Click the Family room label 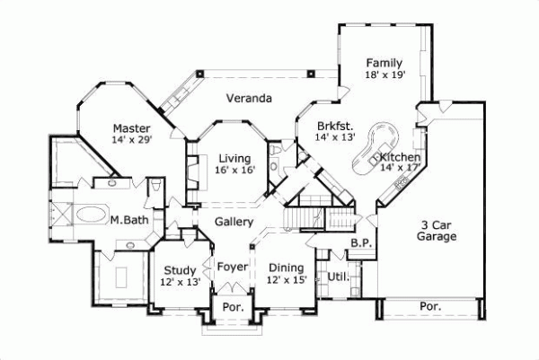point(384,63)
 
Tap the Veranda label point(249,98)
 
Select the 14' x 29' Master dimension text point(133,141)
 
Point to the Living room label point(234,158)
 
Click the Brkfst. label point(335,126)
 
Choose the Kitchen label point(401,156)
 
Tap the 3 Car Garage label point(437,231)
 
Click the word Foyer point(232,267)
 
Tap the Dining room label point(287,268)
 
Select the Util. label point(338,277)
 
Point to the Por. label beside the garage point(430,306)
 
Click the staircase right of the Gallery point(303,218)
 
